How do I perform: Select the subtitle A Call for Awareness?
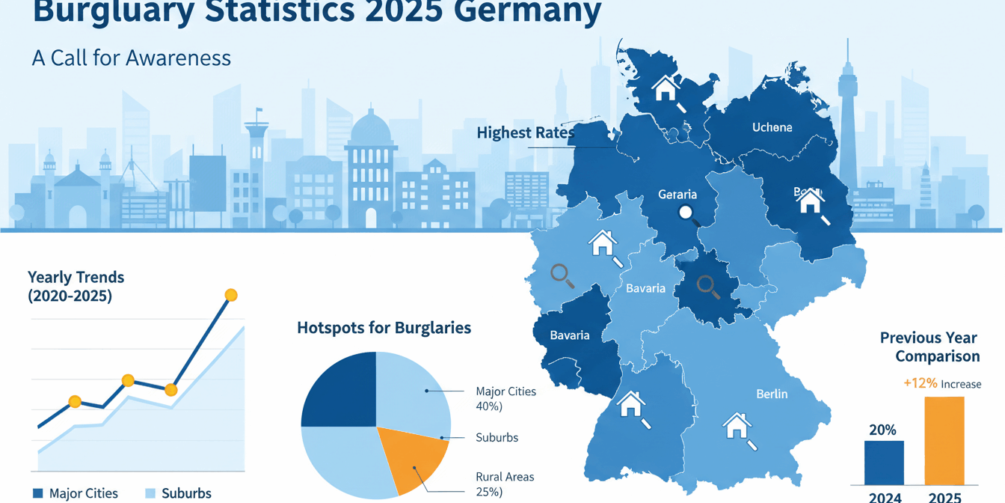pos(132,58)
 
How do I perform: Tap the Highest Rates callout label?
pos(526,133)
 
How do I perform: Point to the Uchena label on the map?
pos(772,127)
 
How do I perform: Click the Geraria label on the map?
pos(677,195)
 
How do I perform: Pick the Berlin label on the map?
pos(772,394)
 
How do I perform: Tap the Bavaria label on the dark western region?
pos(570,335)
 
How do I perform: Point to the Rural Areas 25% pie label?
pos(505,484)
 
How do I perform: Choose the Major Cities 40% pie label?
pos(505,398)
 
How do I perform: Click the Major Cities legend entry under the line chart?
pos(76,493)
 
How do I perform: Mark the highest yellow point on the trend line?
pos(231,296)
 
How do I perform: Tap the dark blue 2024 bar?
pos(884,463)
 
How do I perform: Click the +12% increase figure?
pos(920,383)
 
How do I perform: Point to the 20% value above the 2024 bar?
pos(882,430)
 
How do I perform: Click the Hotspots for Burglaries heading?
pos(384,328)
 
